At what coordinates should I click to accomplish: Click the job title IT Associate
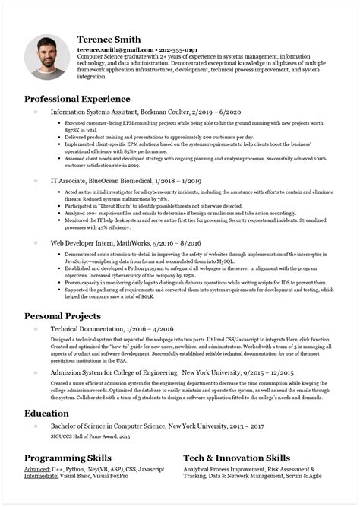[x=70, y=182]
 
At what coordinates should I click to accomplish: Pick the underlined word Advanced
[x=39, y=472]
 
